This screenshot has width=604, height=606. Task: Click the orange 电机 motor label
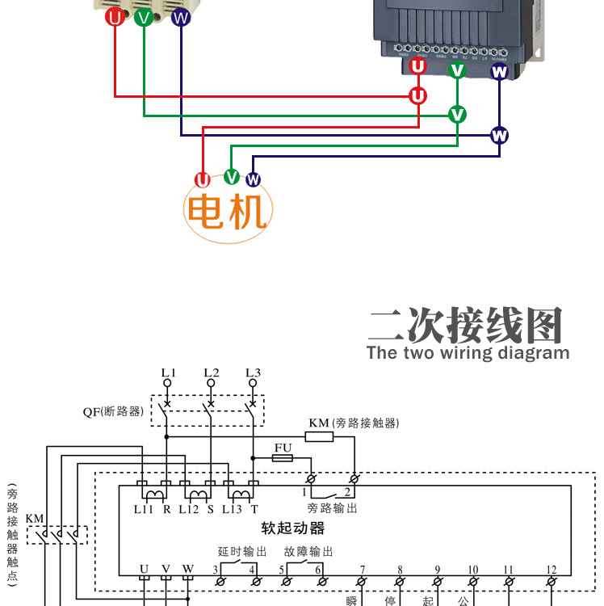[227, 212]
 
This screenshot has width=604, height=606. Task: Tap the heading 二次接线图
[466, 325]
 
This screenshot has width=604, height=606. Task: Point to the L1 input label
[168, 372]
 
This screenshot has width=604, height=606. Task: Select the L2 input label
[211, 372]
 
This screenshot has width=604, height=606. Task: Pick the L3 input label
[254, 372]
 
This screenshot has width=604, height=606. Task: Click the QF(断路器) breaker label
[113, 411]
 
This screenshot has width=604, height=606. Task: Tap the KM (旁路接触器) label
[354, 423]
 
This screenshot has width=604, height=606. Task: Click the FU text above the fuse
[283, 447]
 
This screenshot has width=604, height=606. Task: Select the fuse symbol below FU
[283, 458]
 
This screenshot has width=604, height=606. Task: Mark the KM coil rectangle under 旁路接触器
[319, 437]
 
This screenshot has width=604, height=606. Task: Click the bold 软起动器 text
[292, 528]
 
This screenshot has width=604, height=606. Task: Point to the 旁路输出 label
[332, 508]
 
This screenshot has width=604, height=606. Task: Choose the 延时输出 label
[242, 552]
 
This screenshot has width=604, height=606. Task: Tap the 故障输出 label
[308, 552]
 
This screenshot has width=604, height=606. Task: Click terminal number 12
[551, 569]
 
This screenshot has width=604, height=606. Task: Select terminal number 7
[363, 569]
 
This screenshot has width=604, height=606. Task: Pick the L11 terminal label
[143, 509]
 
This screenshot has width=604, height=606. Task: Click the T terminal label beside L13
[254, 509]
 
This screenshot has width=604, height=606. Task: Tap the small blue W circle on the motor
[254, 179]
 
